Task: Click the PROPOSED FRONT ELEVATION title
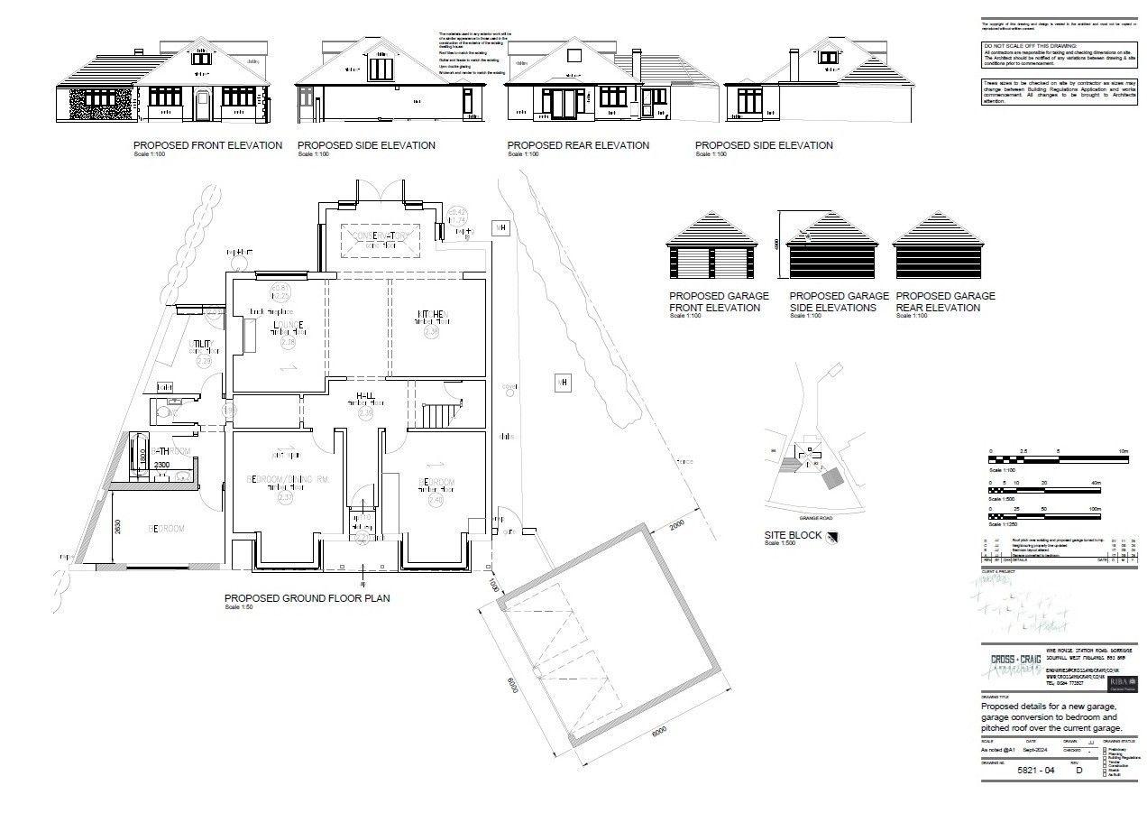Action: (207, 145)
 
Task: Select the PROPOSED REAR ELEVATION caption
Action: (577, 145)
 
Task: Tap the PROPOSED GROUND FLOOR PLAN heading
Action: (307, 597)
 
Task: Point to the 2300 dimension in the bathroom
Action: (161, 465)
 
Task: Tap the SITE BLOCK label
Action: (793, 535)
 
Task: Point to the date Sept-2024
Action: (1037, 749)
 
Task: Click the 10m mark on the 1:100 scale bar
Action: (1123, 450)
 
